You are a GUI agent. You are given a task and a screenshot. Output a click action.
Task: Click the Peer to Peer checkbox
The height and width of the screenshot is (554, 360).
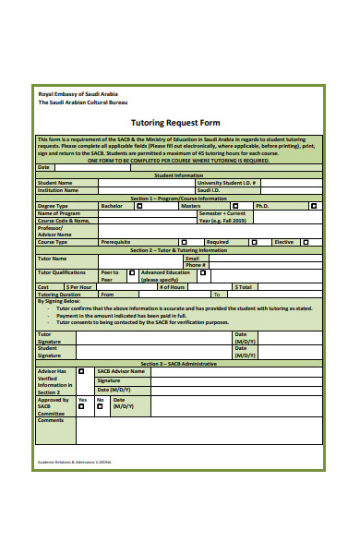pos(132,272)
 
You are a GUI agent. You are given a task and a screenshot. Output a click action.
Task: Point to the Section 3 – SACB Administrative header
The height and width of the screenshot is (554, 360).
pos(179,364)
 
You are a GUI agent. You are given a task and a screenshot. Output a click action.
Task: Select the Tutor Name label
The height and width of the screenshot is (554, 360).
pos(52,259)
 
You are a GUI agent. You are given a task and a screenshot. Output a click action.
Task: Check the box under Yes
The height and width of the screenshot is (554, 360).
pos(82,407)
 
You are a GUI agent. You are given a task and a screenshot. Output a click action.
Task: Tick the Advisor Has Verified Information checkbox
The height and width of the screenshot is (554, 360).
pos(82,371)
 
